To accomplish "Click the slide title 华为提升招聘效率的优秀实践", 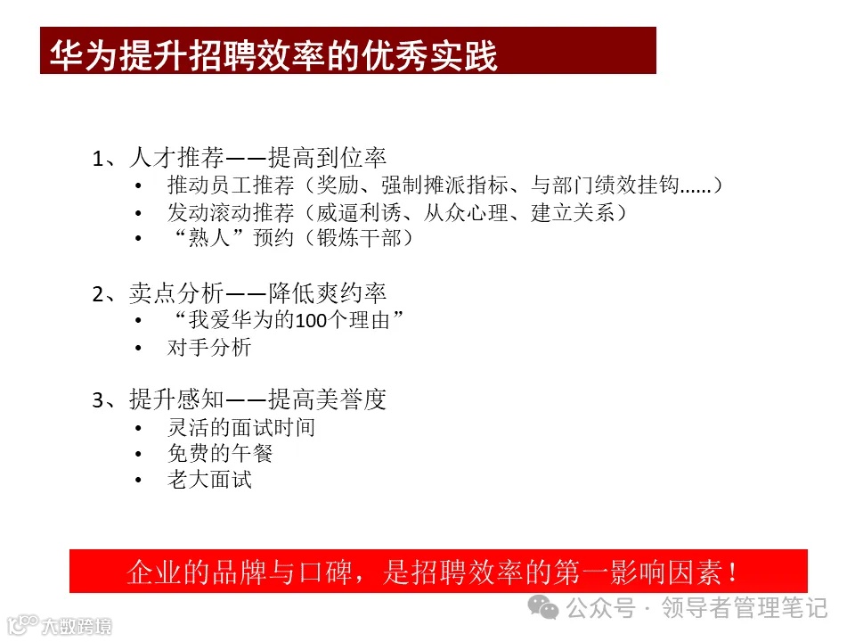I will [x=273, y=53].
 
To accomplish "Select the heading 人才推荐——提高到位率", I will [x=240, y=159].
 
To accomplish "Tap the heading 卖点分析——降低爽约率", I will [x=240, y=293].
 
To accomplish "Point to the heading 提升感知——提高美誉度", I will [x=240, y=400].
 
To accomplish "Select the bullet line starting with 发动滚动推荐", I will [x=397, y=213].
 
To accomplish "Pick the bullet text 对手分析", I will [x=209, y=348].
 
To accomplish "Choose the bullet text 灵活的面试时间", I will [x=240, y=427].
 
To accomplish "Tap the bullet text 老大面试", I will [x=209, y=480].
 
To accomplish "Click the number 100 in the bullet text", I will [x=313, y=321].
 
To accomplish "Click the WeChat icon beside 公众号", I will [x=544, y=608].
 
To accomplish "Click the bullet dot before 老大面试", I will [x=138, y=481].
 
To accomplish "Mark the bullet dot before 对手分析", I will [x=138, y=349].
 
